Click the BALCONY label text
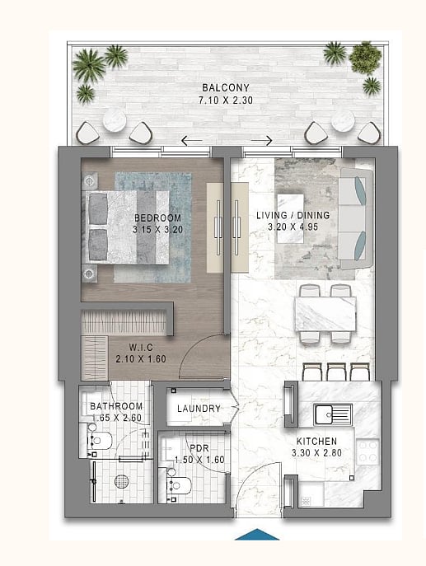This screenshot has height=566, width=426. (226, 87)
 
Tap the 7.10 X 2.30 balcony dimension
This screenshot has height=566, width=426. (226, 100)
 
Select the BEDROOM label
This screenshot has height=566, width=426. (157, 218)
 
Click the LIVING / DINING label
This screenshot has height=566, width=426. (293, 215)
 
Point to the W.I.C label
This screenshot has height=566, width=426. (141, 347)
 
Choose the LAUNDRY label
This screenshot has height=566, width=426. (199, 409)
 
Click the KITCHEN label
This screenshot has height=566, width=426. (316, 441)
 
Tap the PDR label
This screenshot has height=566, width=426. (199, 448)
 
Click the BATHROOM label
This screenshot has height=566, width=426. (116, 406)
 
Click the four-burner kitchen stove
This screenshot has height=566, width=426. (367, 451)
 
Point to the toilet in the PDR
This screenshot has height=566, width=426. (178, 485)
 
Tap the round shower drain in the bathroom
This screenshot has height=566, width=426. (122, 481)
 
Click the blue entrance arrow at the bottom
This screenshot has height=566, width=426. (257, 535)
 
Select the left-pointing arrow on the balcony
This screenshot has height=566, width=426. (192, 140)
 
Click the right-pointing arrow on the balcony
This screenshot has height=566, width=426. (261, 140)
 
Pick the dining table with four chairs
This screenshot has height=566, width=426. (325, 313)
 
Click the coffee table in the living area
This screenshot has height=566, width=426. (290, 218)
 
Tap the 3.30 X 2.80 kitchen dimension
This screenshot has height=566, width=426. (316, 452)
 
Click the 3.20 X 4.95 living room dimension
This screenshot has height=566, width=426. (293, 227)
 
